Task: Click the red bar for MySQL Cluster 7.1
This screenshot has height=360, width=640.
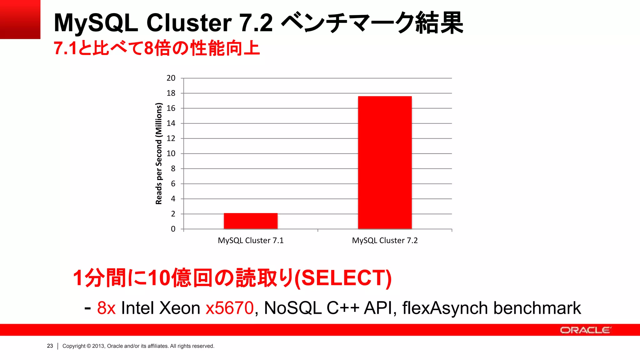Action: (x=251, y=221)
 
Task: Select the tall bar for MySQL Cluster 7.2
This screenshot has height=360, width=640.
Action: (x=385, y=162)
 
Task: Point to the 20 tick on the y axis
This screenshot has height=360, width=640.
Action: (x=171, y=78)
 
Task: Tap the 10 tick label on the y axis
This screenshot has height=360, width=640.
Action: (x=171, y=153)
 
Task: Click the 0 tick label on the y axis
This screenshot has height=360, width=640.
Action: (x=173, y=229)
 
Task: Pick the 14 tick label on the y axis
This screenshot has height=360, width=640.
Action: (x=171, y=123)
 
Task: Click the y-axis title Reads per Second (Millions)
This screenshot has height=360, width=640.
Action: (x=159, y=153)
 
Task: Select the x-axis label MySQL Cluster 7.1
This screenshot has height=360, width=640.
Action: (x=251, y=240)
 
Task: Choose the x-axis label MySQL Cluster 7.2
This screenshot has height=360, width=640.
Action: (x=385, y=240)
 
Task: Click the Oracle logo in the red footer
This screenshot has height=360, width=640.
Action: (x=585, y=330)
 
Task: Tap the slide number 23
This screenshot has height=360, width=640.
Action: (x=50, y=346)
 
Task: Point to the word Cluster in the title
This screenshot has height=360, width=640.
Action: (x=189, y=23)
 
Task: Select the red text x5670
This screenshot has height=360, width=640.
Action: (x=230, y=308)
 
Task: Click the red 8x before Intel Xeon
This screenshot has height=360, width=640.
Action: (x=106, y=308)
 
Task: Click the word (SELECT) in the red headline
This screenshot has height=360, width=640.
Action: (x=343, y=278)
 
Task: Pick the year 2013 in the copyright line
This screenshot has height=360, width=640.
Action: (x=98, y=346)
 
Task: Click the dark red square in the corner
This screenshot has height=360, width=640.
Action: (x=20, y=19)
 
